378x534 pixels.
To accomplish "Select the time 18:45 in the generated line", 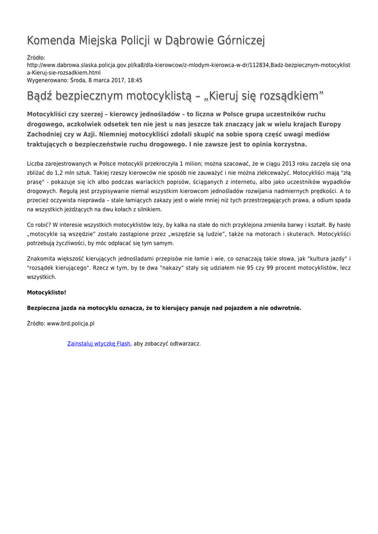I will (x=135, y=80).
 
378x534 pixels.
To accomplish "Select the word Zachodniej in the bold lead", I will (x=47, y=134).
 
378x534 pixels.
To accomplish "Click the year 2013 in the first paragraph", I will (x=292, y=163).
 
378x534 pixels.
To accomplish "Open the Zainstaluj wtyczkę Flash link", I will (x=99, y=344).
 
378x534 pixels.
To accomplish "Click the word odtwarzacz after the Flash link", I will (x=182, y=344).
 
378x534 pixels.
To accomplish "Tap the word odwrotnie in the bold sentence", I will (x=285, y=308).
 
